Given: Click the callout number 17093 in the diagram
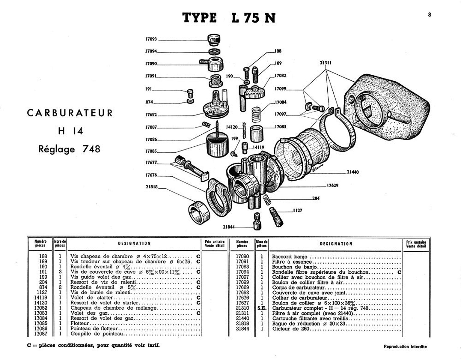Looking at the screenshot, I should pyautogui.click(x=151, y=39).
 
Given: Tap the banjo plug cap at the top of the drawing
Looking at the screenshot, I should pyautogui.click(x=214, y=39).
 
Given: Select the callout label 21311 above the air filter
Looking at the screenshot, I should pyautogui.click(x=326, y=63).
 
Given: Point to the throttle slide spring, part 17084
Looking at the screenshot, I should pyautogui.click(x=256, y=114).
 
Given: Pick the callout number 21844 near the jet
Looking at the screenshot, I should pyautogui.click(x=229, y=227).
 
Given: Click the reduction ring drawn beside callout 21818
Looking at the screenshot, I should pyautogui.click(x=199, y=211).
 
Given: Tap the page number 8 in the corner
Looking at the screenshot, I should pyautogui.click(x=430, y=14).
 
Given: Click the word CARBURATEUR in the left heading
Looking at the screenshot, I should pyautogui.click(x=70, y=113).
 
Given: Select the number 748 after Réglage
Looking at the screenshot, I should pyautogui.click(x=91, y=149).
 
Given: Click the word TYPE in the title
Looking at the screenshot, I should pyautogui.click(x=200, y=18).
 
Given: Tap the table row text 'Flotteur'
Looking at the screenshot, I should pyautogui.click(x=80, y=323).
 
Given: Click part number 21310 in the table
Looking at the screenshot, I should pyautogui.click(x=242, y=308).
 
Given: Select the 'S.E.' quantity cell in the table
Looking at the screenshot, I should pyautogui.click(x=262, y=308).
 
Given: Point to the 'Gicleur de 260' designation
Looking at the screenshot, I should pyautogui.click(x=290, y=329).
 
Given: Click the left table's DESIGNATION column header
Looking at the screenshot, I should pyautogui.click(x=134, y=243).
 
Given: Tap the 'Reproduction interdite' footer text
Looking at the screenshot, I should pyautogui.click(x=405, y=346).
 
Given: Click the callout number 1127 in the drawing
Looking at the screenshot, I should pyautogui.click(x=297, y=210).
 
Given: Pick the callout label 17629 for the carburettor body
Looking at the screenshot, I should pyautogui.click(x=332, y=185).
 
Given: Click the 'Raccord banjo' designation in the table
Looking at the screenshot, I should pyautogui.click(x=290, y=257).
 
